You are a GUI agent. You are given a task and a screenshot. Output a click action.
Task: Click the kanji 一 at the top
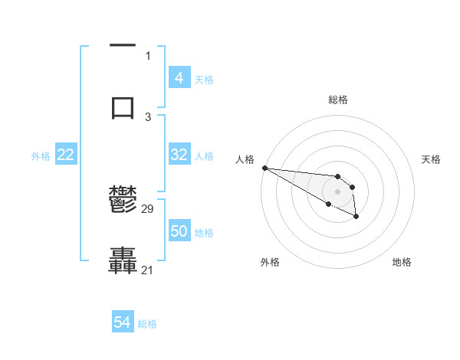[123, 47]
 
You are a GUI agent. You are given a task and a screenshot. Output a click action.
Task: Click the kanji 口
[123, 106]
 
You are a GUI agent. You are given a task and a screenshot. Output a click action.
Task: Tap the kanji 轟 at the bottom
[123, 260]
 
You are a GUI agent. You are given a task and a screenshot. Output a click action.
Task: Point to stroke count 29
[148, 209]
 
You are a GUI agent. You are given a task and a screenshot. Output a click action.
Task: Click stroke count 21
[148, 270]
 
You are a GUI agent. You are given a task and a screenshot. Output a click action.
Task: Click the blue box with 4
[179, 78]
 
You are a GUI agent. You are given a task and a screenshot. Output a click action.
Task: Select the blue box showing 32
[179, 155]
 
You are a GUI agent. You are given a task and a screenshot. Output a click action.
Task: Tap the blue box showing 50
[179, 231]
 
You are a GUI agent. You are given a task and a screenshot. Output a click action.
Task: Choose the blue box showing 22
[66, 155]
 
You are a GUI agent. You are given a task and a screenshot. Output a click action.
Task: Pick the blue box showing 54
[123, 323]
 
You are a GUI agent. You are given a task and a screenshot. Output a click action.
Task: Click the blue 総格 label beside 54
[147, 324]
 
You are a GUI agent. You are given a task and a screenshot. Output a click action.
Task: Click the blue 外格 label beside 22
[41, 155]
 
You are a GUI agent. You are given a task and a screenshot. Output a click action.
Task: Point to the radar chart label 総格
[338, 100]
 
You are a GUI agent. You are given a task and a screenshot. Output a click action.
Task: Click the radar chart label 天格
[431, 159]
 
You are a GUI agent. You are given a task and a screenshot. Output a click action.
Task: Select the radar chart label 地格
[402, 262]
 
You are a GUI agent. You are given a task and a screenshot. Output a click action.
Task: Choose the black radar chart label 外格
[270, 262]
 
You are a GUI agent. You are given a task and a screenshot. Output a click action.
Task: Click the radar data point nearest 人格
[264, 168]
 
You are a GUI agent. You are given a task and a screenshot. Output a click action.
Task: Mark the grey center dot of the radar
[338, 191]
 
